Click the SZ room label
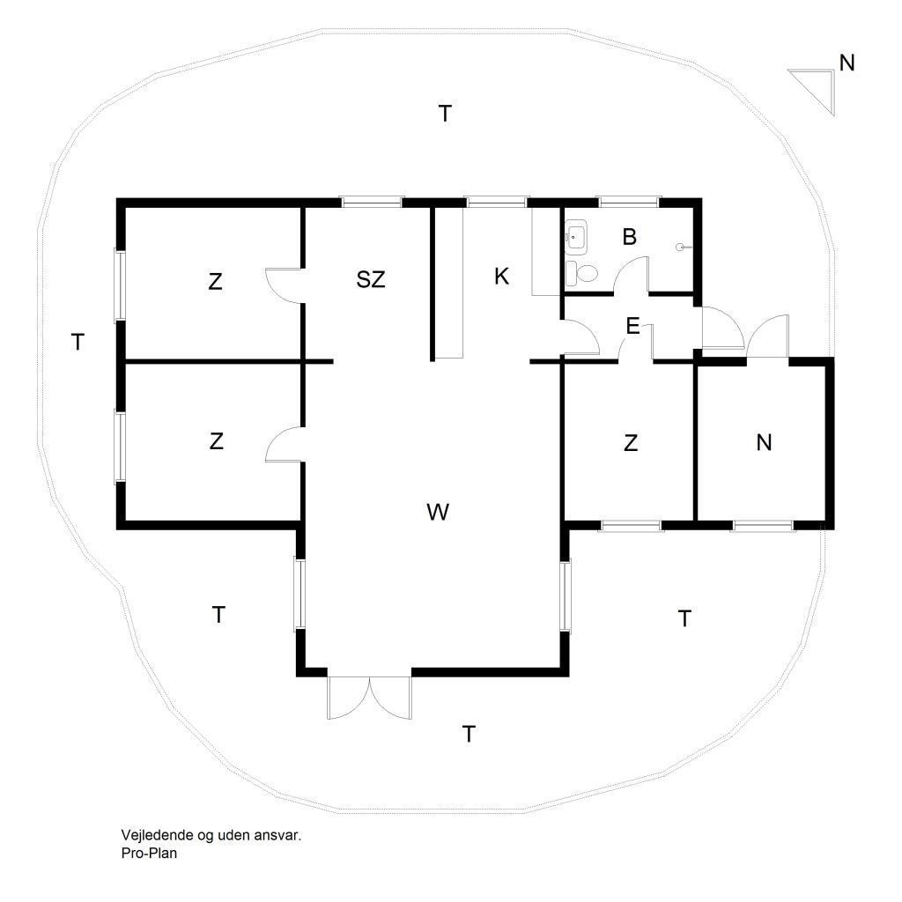pyautogui.click(x=371, y=279)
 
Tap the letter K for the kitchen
pyautogui.click(x=501, y=277)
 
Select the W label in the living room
pyautogui.click(x=438, y=512)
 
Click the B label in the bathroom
pyautogui.click(x=629, y=236)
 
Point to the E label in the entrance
pyautogui.click(x=632, y=326)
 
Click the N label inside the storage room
pyautogui.click(x=764, y=442)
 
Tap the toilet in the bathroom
pyautogui.click(x=581, y=273)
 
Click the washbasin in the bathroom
pyautogui.click(x=575, y=236)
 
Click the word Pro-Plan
pyautogui.click(x=149, y=853)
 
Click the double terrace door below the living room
pyautogui.click(x=369, y=698)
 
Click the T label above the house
pyautogui.click(x=445, y=114)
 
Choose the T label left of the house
pyautogui.click(x=78, y=342)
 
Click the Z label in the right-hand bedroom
pyautogui.click(x=631, y=443)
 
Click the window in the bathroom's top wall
pyautogui.click(x=629, y=202)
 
